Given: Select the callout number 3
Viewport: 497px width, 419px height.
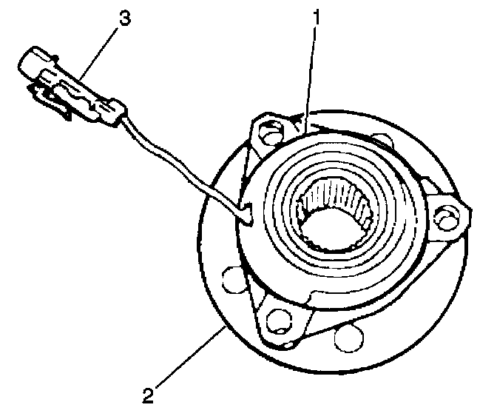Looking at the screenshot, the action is (125, 19).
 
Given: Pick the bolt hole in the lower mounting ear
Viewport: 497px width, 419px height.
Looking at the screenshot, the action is (278, 320).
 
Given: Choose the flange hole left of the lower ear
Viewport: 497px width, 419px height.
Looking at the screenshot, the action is (231, 280).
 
